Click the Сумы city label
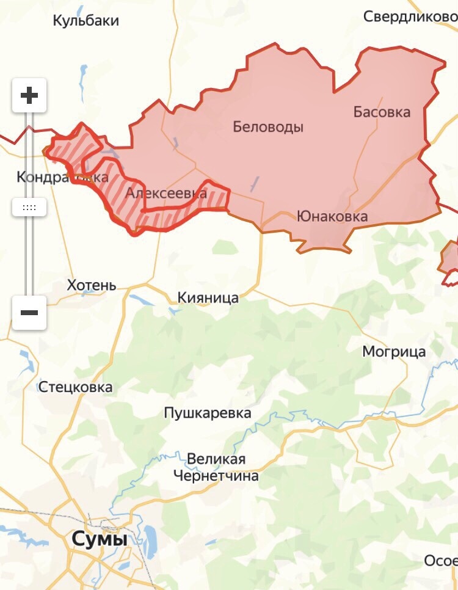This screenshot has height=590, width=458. point(100,539)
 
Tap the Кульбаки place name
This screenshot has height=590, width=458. point(86,21)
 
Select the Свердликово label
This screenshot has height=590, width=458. point(410,16)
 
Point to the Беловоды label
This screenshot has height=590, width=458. point(268,127)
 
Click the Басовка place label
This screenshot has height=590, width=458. point(382,112)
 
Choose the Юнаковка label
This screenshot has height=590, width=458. point(332,216)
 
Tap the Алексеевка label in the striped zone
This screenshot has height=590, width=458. point(165,194)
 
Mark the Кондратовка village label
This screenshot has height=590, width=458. point(62,177)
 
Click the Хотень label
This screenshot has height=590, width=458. point(92,285)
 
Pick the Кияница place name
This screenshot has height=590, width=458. point(208,297)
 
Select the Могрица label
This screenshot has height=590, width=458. point(394,352)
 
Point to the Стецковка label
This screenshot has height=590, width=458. point(76,387)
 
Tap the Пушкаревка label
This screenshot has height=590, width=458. point(208,413)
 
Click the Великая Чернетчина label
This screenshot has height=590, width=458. point(216,467)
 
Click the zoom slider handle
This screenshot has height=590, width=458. point(29,207)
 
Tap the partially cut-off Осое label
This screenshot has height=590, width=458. point(440,561)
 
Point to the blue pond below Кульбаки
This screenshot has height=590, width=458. point(83,76)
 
